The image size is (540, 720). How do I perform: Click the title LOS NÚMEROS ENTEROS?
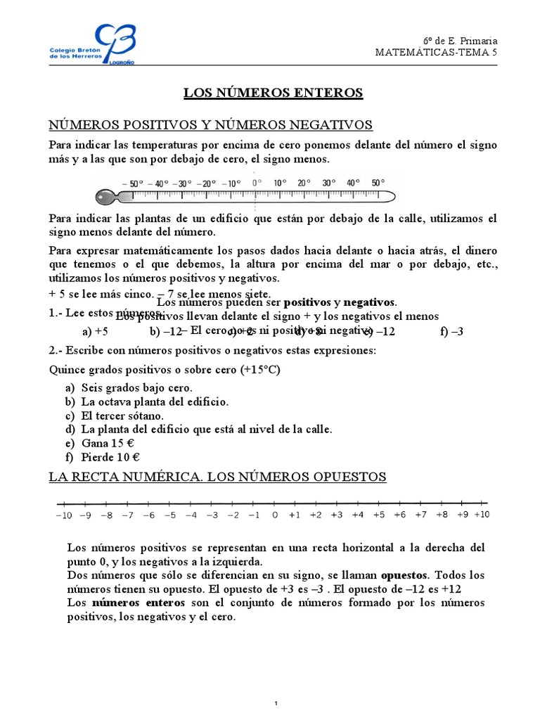pyautogui.click(x=273, y=92)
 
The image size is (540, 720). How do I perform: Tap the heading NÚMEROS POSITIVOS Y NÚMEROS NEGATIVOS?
pyautogui.click(x=210, y=125)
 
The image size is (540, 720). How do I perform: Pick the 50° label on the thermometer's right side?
pyautogui.click(x=378, y=183)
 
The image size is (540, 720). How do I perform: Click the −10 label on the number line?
pyautogui.click(x=63, y=515)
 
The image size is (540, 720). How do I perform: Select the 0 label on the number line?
pyautogui.click(x=275, y=515)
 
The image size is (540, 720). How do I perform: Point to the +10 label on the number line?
pyautogui.click(x=482, y=515)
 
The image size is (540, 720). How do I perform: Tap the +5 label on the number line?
pyautogui.click(x=378, y=515)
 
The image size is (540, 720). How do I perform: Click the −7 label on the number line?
pyautogui.click(x=127, y=515)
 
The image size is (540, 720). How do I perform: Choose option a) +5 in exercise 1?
pyautogui.click(x=95, y=332)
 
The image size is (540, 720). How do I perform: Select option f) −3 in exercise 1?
pyautogui.click(x=452, y=332)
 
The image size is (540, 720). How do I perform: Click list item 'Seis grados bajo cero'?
pyautogui.click(x=136, y=388)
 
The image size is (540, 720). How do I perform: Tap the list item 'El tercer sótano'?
pyautogui.click(x=120, y=415)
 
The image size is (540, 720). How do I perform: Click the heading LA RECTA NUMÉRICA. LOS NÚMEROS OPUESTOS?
pyautogui.click(x=217, y=477)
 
